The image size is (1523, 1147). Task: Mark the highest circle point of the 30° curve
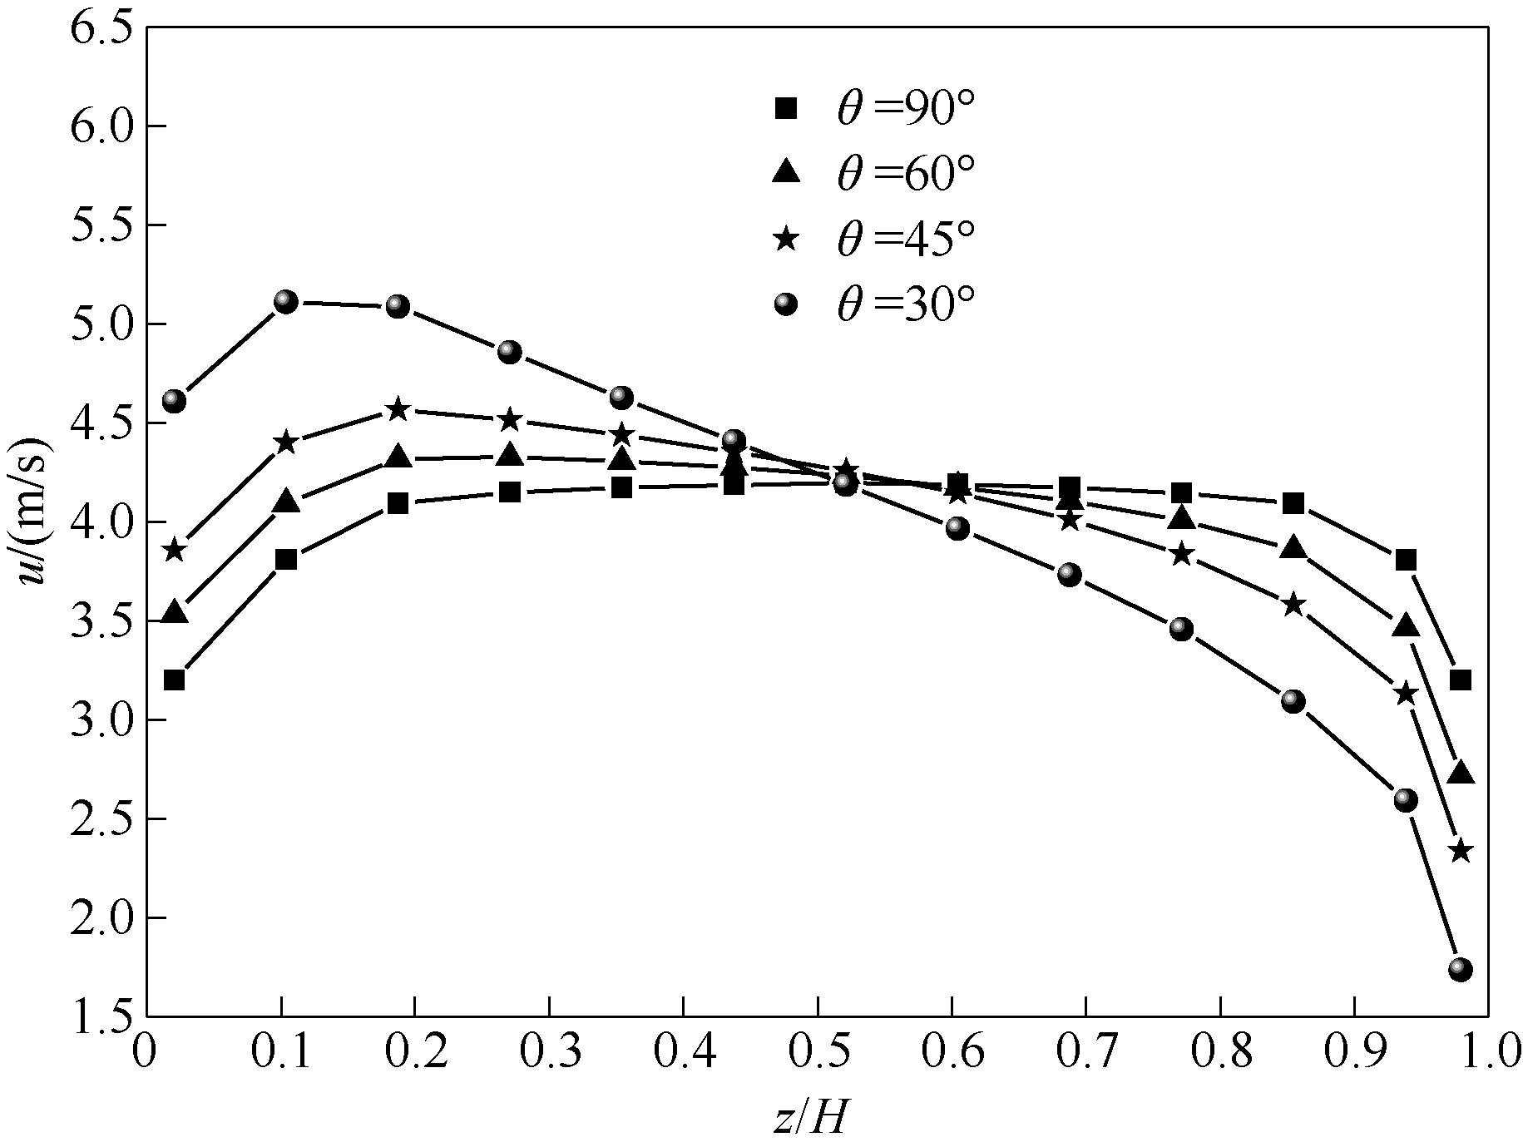[x=285, y=301]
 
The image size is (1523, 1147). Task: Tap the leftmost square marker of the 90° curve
[x=174, y=680]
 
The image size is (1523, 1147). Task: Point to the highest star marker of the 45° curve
[x=398, y=408]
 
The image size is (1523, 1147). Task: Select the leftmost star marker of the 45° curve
[x=174, y=550]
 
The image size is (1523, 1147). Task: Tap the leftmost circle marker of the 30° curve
[x=174, y=401]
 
